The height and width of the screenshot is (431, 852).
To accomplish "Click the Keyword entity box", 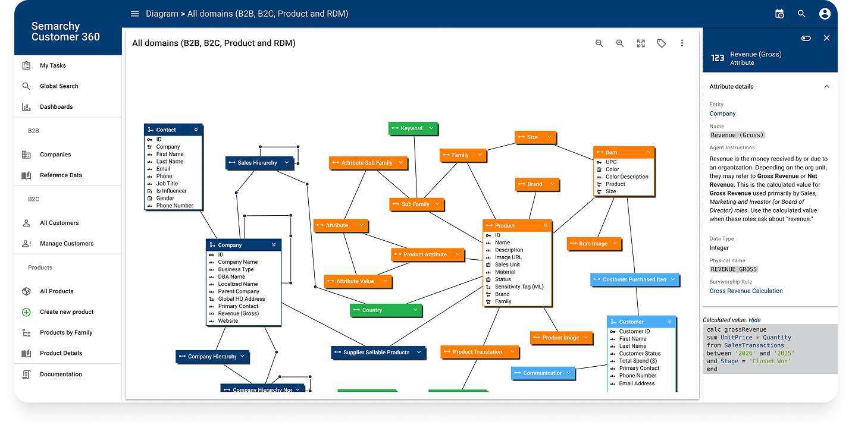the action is coord(413,128).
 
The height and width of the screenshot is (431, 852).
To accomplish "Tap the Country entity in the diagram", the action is coord(386,310).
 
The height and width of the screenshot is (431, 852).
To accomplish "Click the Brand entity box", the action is coord(537,184).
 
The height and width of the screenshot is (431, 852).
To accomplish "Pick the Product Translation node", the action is coord(480,352).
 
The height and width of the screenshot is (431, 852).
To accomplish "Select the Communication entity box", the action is coord(543,373).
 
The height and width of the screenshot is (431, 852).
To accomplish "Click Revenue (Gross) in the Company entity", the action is coord(238,313).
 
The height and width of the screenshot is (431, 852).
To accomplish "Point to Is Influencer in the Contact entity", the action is coord(171,191).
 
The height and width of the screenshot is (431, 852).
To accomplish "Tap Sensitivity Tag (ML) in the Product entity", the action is coord(519,287).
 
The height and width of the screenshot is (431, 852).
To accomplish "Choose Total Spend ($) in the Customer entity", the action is coord(638,361).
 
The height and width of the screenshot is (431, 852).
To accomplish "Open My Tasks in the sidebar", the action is coord(53,65).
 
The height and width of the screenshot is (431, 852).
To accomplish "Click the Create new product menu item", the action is coord(67,312).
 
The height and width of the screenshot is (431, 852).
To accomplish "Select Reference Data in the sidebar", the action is coord(61,175).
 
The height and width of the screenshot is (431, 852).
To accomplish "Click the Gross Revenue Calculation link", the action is coord(746,291).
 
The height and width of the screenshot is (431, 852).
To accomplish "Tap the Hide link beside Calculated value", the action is coord(754,320).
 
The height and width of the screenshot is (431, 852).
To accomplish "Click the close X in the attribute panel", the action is coord(826,38).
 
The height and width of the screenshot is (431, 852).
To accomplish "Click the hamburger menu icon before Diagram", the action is coord(134,14).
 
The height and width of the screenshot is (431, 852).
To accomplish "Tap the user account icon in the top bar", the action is coord(825,14).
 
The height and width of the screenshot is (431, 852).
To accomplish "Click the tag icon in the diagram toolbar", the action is coord(662,43).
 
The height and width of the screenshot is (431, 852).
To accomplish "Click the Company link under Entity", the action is coord(722,114).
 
